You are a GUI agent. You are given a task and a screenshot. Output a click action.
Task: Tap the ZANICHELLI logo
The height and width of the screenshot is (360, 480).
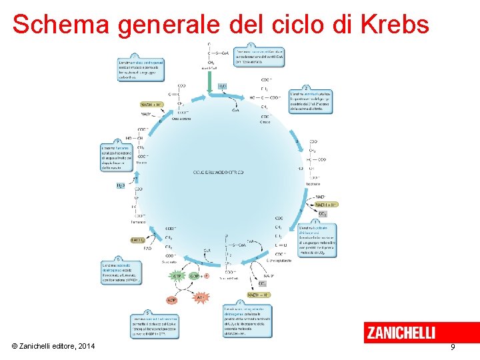[x=400, y=333]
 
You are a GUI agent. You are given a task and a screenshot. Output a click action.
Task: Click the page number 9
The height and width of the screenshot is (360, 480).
[x=453, y=347]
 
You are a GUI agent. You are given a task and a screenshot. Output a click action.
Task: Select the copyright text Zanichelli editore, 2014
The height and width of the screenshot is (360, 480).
[x=53, y=346]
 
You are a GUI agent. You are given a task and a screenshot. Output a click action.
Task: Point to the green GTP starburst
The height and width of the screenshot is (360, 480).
[x=178, y=275]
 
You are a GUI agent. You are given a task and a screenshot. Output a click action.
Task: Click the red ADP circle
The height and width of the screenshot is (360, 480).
[x=171, y=300]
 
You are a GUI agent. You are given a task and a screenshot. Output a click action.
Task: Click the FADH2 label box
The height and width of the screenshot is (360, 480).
[x=138, y=240]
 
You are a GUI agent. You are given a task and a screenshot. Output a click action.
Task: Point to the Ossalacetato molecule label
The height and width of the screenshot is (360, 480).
[x=181, y=119]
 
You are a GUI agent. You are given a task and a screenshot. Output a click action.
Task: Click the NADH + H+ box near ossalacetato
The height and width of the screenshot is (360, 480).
[x=151, y=105]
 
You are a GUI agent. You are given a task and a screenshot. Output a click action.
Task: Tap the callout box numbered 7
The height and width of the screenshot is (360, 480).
[x=113, y=156]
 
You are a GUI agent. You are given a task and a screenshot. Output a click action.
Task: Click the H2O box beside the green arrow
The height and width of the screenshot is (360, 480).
[x=223, y=87]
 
